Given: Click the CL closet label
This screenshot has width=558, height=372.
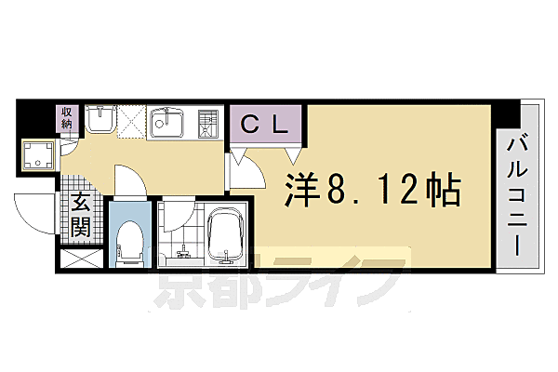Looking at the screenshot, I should click(x=265, y=123).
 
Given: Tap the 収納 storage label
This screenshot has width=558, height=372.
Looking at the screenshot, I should click(x=68, y=121).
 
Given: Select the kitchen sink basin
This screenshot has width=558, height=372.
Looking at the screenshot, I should click(x=168, y=123).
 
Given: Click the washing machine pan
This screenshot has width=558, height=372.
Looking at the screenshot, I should click(x=39, y=155).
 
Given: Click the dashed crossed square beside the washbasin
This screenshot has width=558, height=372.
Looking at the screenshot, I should click(x=129, y=122).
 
